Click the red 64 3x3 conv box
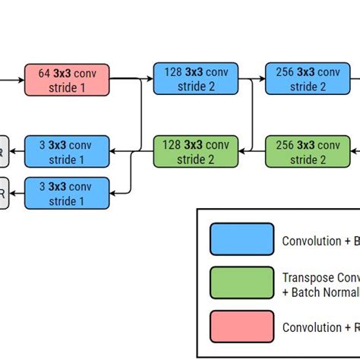click(x=67, y=79)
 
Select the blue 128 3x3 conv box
click(x=196, y=79)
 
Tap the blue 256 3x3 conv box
click(x=308, y=79)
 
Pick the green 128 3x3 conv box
click(x=196, y=151)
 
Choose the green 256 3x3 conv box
click(x=308, y=151)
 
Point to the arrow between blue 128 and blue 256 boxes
click(x=252, y=79)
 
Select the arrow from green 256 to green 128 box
click(x=252, y=151)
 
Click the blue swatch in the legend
click(x=242, y=239)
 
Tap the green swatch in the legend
click(x=242, y=283)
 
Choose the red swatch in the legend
click(x=242, y=327)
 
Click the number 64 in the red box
click(x=46, y=73)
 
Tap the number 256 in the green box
click(x=286, y=144)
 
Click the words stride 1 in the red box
click(x=67, y=87)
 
